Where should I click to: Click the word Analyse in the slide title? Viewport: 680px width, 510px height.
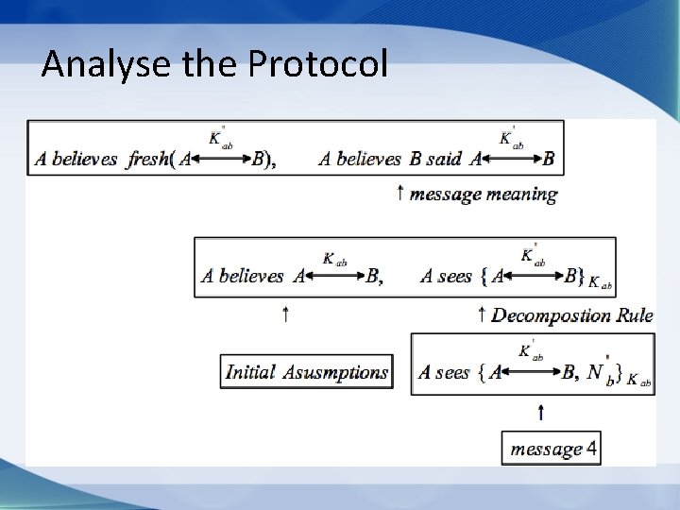[93, 63]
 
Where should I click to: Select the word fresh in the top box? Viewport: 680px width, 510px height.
[147, 159]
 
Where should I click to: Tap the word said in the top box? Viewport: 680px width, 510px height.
[443, 159]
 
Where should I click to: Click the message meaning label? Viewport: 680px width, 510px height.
[483, 195]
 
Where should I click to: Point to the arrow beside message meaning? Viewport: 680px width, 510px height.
[400, 194]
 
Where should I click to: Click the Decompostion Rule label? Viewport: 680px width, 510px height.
[571, 315]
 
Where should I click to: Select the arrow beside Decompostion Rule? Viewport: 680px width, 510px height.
[482, 314]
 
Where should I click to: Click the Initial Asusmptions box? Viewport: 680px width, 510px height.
[306, 372]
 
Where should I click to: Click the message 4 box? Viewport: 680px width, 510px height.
[552, 449]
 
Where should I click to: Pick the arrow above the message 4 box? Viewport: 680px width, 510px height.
[540, 411]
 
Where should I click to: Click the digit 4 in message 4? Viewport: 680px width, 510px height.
[591, 449]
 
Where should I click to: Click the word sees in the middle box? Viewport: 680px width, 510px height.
[454, 277]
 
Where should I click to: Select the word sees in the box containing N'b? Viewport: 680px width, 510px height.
[452, 373]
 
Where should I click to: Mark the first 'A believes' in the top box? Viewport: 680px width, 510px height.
[75, 159]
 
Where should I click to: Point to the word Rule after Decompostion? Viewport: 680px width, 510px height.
[633, 315]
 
